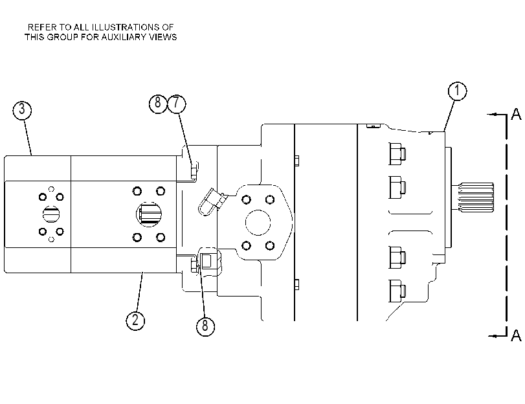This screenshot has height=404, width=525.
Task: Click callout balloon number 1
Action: [x=457, y=91]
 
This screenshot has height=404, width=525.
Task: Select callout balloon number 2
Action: [x=135, y=320]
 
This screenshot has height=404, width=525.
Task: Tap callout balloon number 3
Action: [x=22, y=109]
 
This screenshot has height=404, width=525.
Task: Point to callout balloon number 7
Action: [x=176, y=104]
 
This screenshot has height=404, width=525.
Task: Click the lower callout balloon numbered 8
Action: [x=205, y=326]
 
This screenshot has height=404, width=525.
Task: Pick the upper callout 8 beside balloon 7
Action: [x=158, y=103]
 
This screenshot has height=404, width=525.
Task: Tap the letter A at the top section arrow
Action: [x=516, y=114]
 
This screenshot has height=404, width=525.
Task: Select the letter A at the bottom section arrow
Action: [x=516, y=335]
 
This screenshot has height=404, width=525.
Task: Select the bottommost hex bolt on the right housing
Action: [x=397, y=291]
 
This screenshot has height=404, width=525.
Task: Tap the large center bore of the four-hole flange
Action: [x=258, y=223]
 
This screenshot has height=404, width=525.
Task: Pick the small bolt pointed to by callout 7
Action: [x=195, y=170]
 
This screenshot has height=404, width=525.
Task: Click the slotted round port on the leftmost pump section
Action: [x=51, y=214]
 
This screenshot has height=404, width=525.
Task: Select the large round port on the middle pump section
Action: [x=149, y=214]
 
